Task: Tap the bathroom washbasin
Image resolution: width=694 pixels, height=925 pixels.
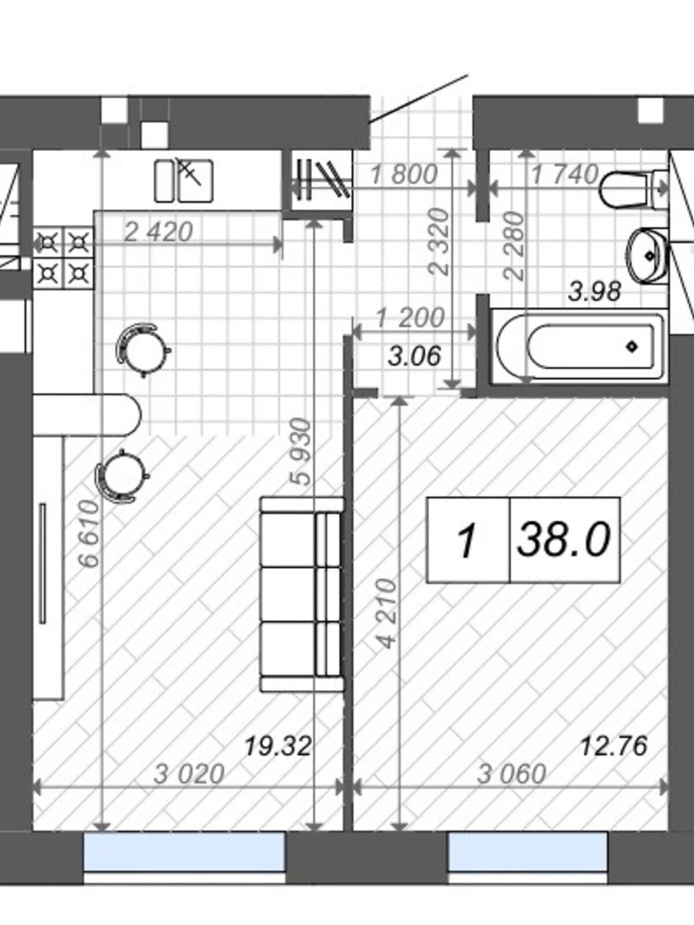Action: [x=648, y=255]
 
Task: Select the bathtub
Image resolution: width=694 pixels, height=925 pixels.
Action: [x=579, y=346]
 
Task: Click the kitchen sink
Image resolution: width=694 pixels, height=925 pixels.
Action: [x=184, y=181]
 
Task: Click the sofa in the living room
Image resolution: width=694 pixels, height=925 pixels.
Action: [x=301, y=595]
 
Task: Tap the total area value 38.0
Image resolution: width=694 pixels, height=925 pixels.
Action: [x=564, y=540]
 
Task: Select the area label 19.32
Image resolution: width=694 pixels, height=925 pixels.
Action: [x=278, y=746]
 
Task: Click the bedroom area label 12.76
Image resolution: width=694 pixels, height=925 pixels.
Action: [x=614, y=746]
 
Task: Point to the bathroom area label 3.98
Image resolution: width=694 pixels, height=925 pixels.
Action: [x=594, y=292]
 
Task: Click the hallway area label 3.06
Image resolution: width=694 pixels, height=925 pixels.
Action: [x=414, y=356]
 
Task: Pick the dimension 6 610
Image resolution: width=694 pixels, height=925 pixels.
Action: [x=89, y=533]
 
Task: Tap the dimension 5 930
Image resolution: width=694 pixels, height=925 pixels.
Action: [x=302, y=452]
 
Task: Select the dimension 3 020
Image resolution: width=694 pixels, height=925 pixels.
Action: [x=189, y=774]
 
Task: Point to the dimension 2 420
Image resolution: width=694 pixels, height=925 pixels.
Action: [x=159, y=232]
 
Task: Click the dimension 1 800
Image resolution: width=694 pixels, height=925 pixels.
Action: [x=404, y=174]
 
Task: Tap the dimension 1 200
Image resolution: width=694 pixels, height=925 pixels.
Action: [x=410, y=318]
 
